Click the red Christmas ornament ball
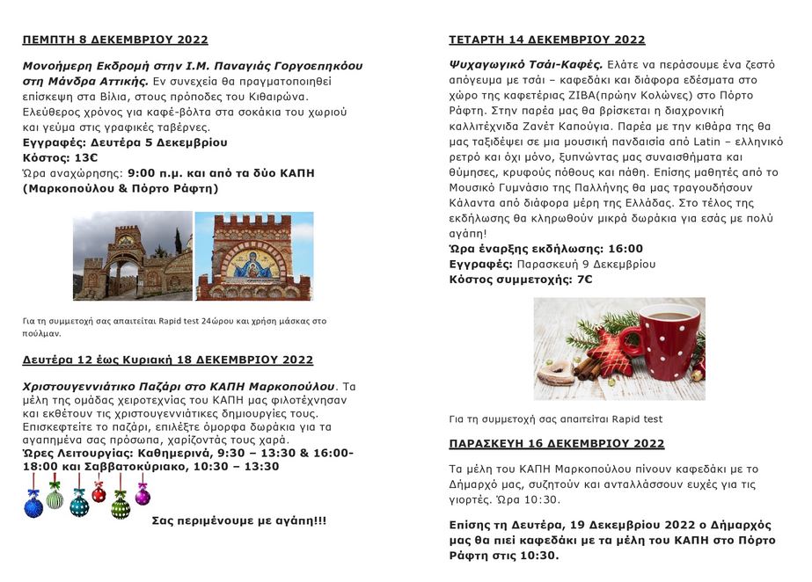pyautogui.click(x=99, y=495)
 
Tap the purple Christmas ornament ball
pyautogui.click(x=143, y=495)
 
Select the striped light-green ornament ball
pyautogui.click(x=55, y=498)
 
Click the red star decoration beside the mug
pyautogui.click(x=609, y=353)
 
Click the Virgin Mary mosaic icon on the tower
pyautogui.click(x=253, y=265)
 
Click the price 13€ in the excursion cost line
pyautogui.click(x=85, y=156)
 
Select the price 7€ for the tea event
pyautogui.click(x=584, y=280)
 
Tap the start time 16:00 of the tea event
pyautogui.click(x=625, y=249)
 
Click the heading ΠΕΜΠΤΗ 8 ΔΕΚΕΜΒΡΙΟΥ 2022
pyautogui.click(x=115, y=40)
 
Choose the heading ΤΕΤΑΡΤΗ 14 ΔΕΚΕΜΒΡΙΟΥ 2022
pyautogui.click(x=546, y=40)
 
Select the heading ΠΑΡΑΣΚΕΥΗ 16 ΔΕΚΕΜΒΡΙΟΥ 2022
pyautogui.click(x=556, y=443)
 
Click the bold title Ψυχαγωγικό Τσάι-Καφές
pyautogui.click(x=525, y=64)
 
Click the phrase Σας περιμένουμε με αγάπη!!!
pyautogui.click(x=238, y=520)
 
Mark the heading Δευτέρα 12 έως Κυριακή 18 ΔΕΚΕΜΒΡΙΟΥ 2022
pyautogui.click(x=167, y=360)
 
